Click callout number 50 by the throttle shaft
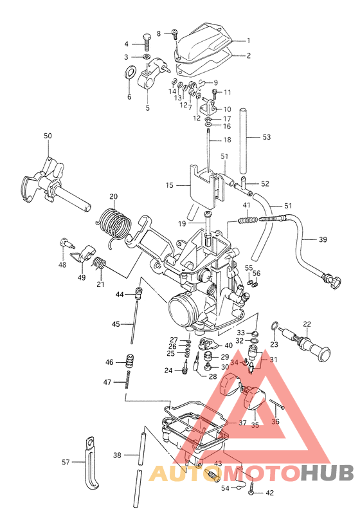click(48, 136)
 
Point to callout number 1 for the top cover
click(248, 41)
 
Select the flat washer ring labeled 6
click(129, 73)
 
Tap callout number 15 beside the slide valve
click(169, 185)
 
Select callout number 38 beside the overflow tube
click(117, 455)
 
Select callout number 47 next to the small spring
click(109, 383)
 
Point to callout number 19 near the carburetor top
click(183, 223)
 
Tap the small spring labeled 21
click(99, 263)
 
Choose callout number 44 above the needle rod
click(120, 294)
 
